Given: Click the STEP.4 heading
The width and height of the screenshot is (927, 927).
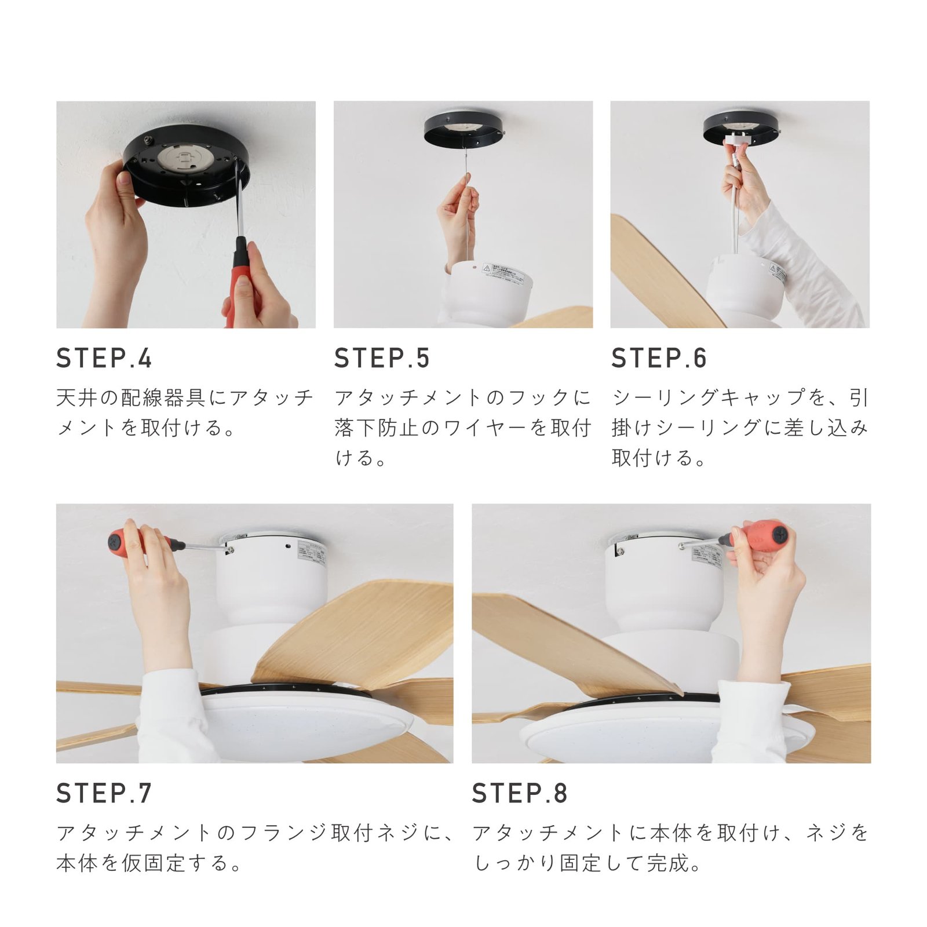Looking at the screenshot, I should pos(104,358).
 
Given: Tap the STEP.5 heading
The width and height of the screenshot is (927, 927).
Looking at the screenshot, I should pos(382,358).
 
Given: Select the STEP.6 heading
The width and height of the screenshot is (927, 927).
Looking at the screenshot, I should pos(659,358).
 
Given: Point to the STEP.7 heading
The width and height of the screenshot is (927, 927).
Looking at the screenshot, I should pos(104,793).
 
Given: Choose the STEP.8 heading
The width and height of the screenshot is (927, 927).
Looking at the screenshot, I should pos(520,793).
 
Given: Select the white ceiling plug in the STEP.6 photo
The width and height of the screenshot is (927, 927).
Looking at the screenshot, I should pos(736,138).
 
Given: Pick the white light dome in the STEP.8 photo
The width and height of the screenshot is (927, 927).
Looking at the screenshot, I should pos(626,739).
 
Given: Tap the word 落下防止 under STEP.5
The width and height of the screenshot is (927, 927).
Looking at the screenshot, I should pos(377,428).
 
